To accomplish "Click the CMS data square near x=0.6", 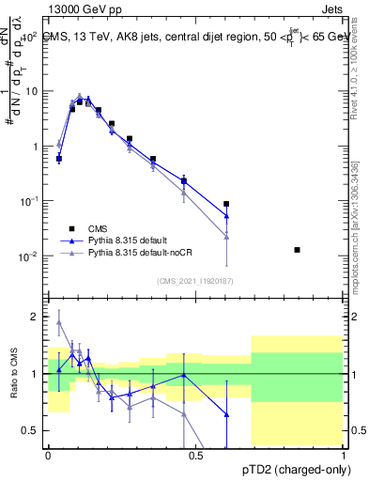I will click(226, 204).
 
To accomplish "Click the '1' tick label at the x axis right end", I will click(344, 457).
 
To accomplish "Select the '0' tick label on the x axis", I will click(48, 457).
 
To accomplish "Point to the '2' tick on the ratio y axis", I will click(36, 317).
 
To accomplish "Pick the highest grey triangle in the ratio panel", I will click(59, 322).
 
